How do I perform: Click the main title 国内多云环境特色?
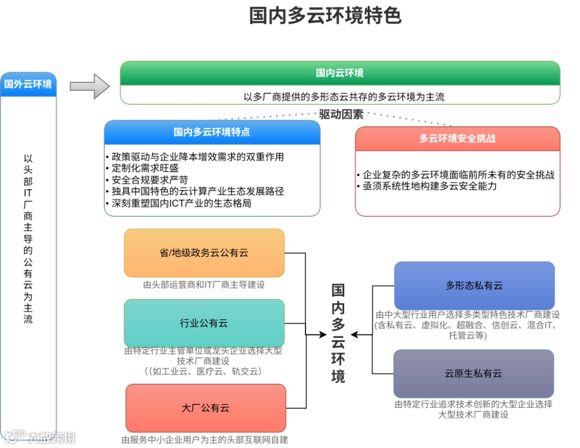coord(325,16)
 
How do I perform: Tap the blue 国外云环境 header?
coord(28,84)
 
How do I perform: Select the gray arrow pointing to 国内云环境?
coord(90,86)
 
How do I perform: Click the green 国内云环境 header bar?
coord(339,73)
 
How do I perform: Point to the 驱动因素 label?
coord(341,114)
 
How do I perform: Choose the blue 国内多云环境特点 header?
coord(212,132)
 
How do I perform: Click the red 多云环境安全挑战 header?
coord(457,139)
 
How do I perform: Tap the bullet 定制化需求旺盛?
coord(144,169)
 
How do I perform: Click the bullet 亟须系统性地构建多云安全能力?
coord(429,186)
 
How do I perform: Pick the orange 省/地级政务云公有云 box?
coord(204,253)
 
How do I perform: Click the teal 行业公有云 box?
coord(204,323)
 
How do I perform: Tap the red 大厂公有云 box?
coord(205,408)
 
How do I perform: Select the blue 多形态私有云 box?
coord(474,286)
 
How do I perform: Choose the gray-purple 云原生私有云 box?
coord(473,374)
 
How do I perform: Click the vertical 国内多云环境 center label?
coord(338,333)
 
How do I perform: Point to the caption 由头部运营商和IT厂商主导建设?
coord(204,285)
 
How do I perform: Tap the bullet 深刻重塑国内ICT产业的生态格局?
coord(181,204)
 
